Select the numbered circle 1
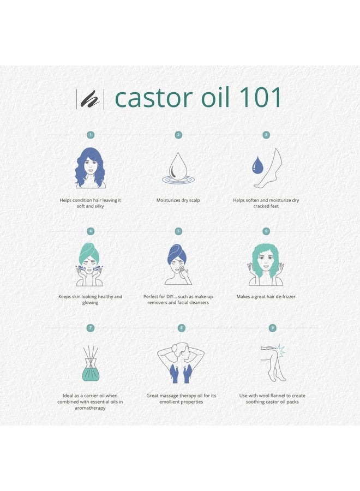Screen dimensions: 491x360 pos(91,135)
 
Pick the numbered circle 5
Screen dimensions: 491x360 pos(178,231)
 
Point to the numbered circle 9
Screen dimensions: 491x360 pos(272,328)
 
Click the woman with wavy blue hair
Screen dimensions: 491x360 pos(91,168)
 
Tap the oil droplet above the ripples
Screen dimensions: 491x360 pos(178,165)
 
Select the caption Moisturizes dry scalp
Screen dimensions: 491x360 pos(178,200)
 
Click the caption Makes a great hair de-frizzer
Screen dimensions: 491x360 pos(266,297)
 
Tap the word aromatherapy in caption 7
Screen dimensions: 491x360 pos(91,408)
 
